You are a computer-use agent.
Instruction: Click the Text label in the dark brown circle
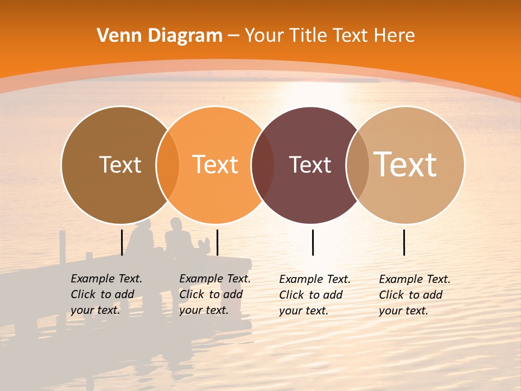pyautogui.click(x=120, y=165)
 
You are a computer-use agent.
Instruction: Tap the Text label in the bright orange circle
pyautogui.click(x=215, y=165)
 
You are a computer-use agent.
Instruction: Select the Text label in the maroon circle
pyautogui.click(x=310, y=165)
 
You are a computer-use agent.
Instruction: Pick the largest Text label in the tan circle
pyautogui.click(x=405, y=164)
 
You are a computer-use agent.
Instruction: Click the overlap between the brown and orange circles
pyautogui.click(x=168, y=165)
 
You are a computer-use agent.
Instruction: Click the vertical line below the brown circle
pyautogui.click(x=122, y=242)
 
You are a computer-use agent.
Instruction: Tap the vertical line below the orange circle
pyautogui.click(x=217, y=242)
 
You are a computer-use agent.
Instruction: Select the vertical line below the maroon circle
pyautogui.click(x=313, y=242)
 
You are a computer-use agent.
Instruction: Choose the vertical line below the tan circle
pyautogui.click(x=404, y=242)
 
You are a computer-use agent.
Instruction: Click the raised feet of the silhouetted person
pyautogui.click(x=204, y=244)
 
